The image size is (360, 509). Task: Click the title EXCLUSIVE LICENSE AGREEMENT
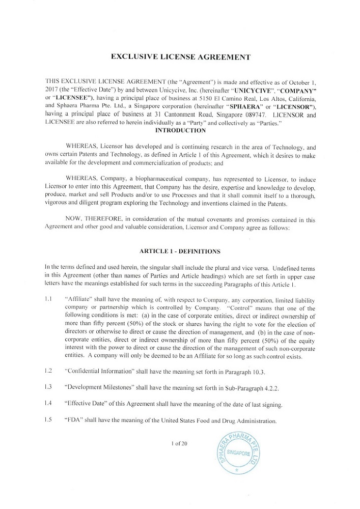(181, 56)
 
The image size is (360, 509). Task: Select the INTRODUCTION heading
(181, 130)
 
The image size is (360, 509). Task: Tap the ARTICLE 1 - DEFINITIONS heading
(180, 251)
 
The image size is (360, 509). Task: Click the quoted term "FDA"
(74, 421)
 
